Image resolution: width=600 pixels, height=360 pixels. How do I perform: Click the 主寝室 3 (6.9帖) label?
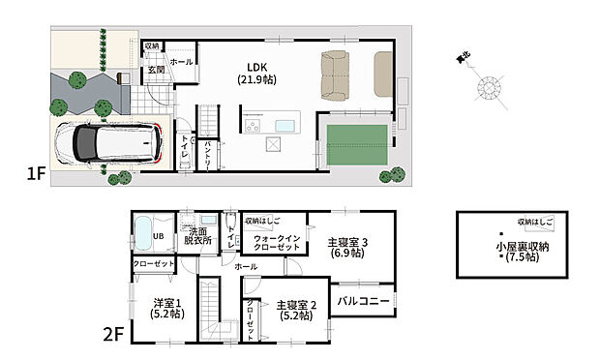click(345, 246)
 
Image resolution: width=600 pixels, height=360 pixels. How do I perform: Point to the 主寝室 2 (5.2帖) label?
click(288, 309)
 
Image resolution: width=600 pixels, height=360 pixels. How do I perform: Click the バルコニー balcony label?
click(363, 301)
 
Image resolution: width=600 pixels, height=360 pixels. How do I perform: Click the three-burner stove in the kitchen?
click(253, 126)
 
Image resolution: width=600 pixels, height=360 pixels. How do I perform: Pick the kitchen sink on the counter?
click(287, 126)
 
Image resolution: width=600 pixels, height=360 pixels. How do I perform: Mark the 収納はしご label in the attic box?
click(535, 222)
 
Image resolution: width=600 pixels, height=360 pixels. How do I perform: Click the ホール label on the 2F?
click(246, 265)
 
